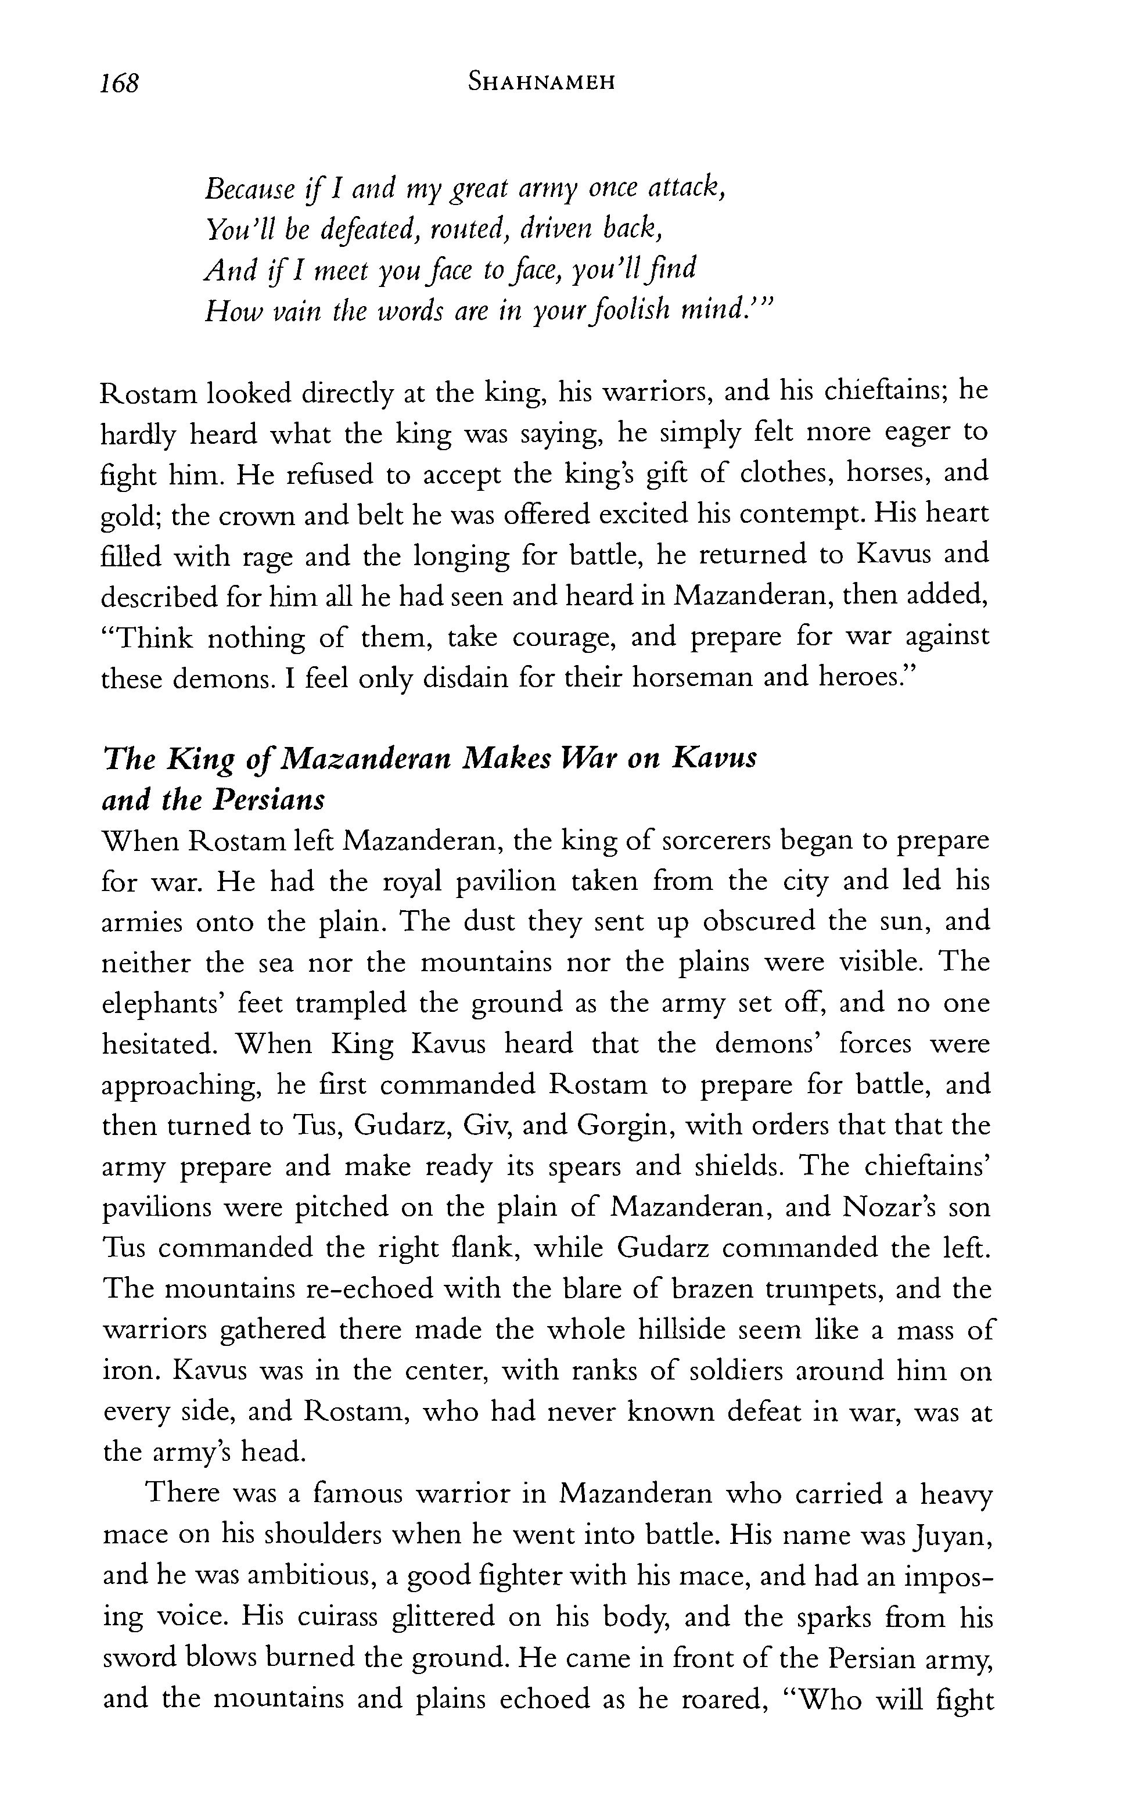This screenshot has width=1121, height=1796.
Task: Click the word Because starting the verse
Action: click(x=250, y=191)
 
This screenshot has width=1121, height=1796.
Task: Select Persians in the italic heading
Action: click(x=271, y=800)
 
